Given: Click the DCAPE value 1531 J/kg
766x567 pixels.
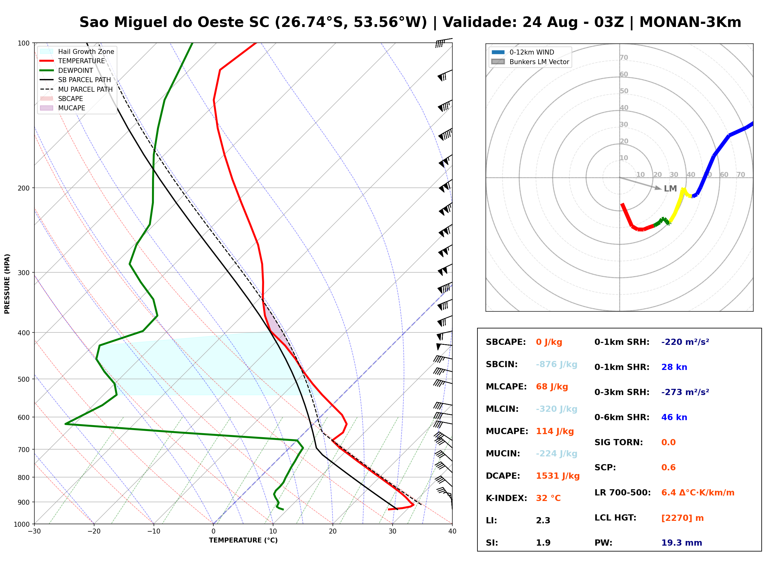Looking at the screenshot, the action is (558, 476).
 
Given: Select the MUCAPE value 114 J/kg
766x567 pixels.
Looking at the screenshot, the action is (555, 431).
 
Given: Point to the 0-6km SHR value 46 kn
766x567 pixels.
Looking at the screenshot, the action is (674, 417).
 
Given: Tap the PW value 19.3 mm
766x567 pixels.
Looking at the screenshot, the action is (682, 543).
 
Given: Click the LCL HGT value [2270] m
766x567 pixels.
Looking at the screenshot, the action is (682, 518).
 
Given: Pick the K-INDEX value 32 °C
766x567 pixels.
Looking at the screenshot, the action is (548, 498).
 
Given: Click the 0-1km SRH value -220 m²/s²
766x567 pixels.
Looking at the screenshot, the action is (685, 342).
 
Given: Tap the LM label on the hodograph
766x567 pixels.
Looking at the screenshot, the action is (670, 189).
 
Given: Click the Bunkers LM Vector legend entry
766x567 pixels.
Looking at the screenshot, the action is (539, 62).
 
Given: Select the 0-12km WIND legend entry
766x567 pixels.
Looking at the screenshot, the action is (532, 52).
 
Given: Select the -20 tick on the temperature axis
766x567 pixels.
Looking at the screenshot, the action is (94, 531).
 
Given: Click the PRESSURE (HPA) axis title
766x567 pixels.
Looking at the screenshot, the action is (7, 284).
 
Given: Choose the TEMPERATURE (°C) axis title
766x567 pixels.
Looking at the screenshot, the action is (243, 540).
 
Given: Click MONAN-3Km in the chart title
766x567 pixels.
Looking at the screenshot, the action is (690, 22).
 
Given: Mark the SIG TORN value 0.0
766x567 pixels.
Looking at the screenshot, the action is (668, 442).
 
